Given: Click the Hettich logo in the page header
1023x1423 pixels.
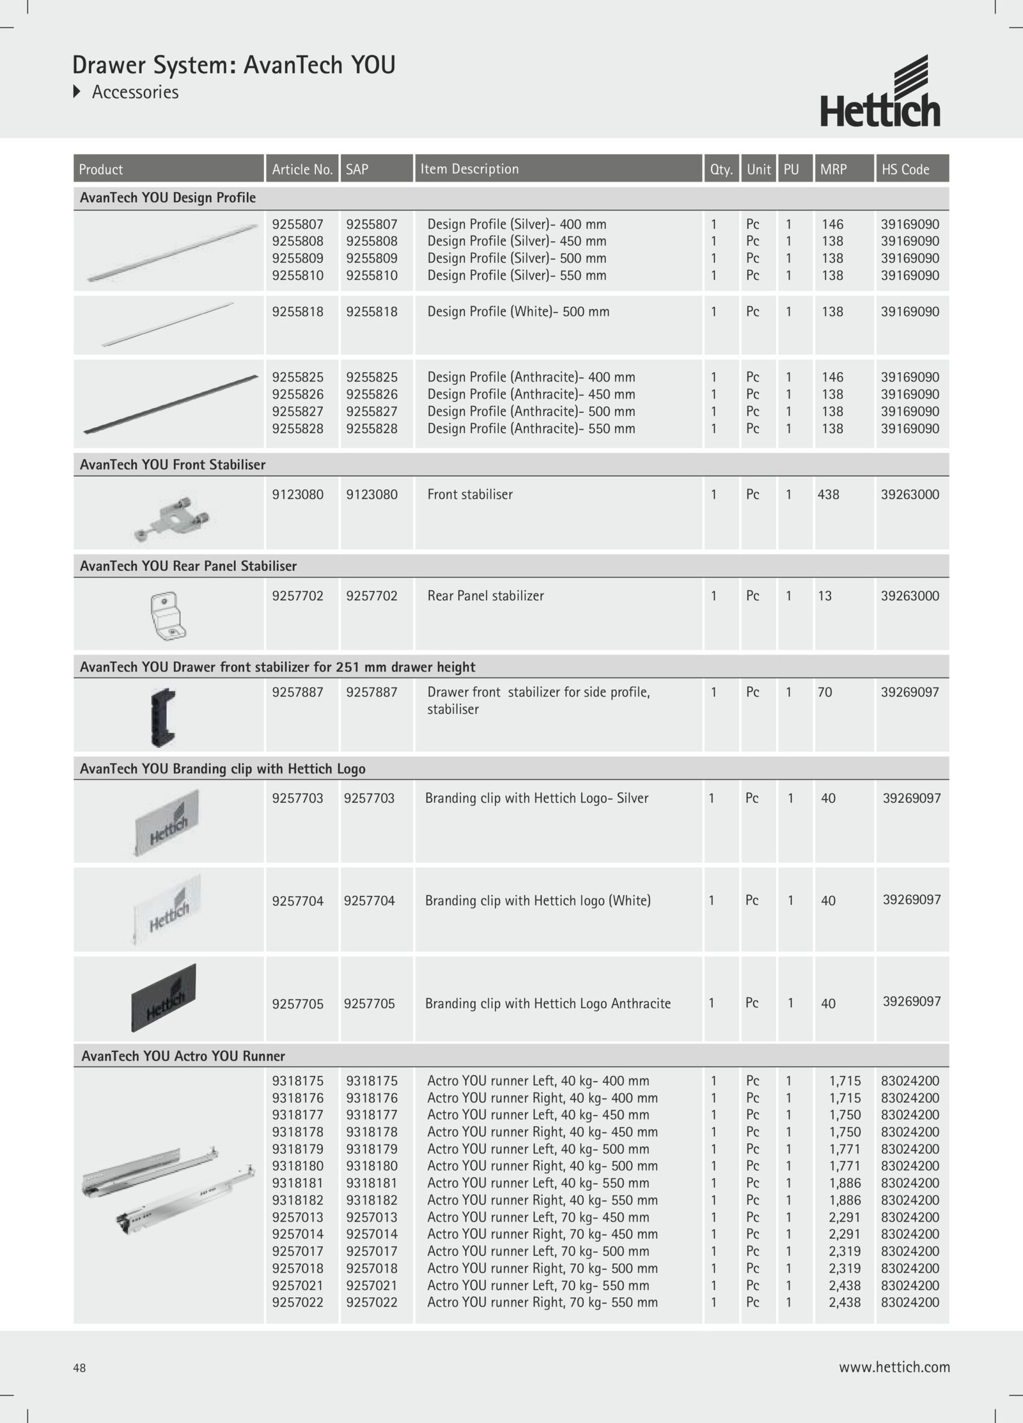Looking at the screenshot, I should (x=880, y=92).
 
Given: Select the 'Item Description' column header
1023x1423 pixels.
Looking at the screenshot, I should (x=469, y=169).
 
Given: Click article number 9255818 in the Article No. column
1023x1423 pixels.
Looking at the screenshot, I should (x=297, y=312).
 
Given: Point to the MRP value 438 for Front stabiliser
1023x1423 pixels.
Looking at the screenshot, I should (x=828, y=494).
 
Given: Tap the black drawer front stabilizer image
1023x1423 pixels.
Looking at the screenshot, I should (x=163, y=717).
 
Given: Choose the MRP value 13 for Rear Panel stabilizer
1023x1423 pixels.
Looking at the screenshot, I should (x=825, y=596).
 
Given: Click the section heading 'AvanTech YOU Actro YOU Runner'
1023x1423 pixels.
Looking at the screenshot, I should (x=183, y=1056).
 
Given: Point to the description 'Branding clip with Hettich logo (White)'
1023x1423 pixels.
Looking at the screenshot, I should (x=538, y=901).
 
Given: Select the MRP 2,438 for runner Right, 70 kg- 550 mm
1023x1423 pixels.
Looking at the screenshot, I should (x=844, y=1302).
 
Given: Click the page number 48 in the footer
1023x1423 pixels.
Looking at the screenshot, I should (x=79, y=1368).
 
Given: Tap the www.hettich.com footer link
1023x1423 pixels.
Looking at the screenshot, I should (x=894, y=1367).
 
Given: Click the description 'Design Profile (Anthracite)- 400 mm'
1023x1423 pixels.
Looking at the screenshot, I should (x=531, y=377).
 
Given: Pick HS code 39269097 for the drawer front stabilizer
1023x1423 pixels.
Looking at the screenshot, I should (x=910, y=692).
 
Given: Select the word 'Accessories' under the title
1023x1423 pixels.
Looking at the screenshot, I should (x=135, y=92).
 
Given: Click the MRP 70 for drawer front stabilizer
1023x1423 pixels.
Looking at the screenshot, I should (x=825, y=692).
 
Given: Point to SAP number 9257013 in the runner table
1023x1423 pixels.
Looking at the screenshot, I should (x=371, y=1217).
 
